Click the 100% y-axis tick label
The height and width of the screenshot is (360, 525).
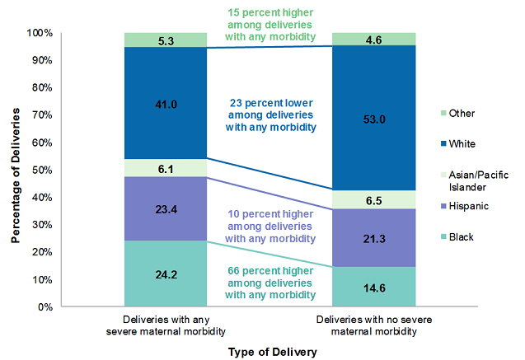click(40, 33)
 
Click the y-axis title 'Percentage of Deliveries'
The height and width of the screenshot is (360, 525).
click(15, 170)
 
